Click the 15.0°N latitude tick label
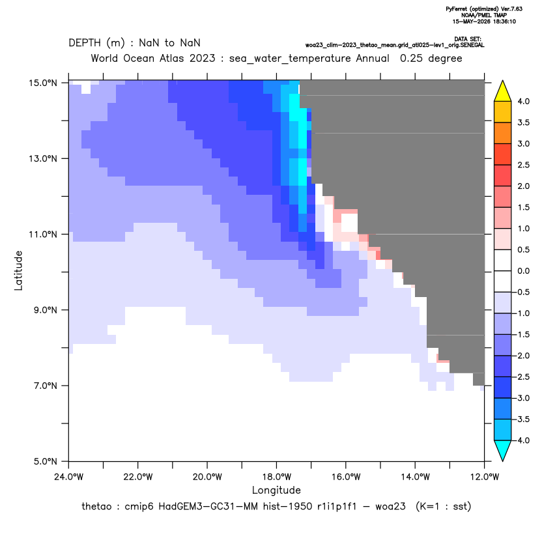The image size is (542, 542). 43,83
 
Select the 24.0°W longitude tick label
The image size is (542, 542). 69,477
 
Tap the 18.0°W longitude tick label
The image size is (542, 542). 276,477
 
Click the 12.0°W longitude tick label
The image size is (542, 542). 484,477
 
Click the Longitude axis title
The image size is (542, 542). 276,490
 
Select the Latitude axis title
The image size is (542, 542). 18,270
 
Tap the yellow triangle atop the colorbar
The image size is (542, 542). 503,91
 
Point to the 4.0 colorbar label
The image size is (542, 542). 523,101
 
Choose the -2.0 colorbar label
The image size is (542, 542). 521,356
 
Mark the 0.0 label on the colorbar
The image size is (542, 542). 523,271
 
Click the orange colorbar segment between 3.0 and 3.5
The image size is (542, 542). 503,133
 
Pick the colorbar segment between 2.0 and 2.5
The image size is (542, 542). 503,176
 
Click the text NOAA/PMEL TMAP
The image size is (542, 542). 484,15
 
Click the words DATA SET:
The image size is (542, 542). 468,39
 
